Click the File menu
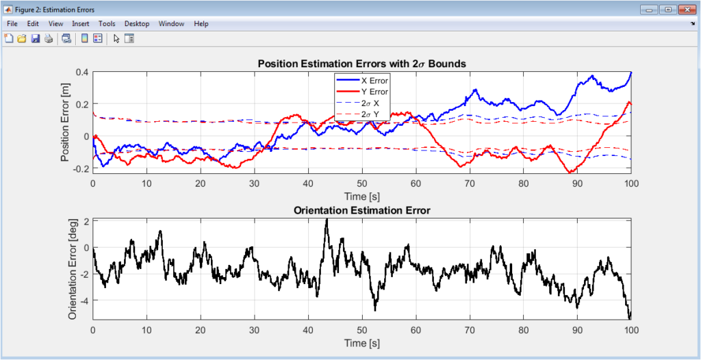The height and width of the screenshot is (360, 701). [12, 23]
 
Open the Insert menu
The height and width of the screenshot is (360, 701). [80, 23]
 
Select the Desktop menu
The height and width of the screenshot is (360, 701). [137, 23]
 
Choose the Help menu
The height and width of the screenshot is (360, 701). [201, 23]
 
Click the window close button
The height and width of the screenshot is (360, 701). [685, 10]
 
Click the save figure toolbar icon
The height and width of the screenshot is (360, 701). [35, 38]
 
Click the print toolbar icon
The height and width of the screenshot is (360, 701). [48, 38]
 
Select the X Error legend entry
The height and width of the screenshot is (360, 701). [374, 80]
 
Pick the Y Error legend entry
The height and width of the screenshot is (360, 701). [374, 91]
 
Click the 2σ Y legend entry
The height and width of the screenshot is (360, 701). [370, 114]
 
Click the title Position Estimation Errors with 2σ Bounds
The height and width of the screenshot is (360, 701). [361, 64]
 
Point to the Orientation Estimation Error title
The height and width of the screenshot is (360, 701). [361, 210]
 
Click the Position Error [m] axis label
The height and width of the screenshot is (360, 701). [66, 120]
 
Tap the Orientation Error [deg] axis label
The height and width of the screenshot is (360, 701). [73, 269]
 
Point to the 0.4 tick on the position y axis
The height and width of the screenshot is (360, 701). [82, 72]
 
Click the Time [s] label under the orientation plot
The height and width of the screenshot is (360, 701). [361, 342]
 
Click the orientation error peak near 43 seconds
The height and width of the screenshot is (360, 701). [327, 220]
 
